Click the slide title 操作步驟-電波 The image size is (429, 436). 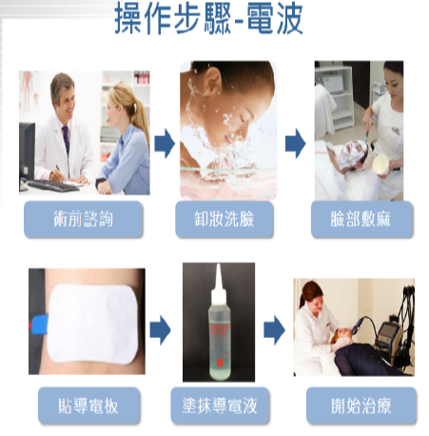coord(208,18)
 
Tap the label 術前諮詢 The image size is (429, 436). coord(83,219)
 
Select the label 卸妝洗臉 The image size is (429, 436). coord(224,219)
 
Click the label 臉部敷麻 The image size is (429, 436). coord(361,219)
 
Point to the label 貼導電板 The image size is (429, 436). coord(88,406)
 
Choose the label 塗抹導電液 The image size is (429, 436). coord(220,406)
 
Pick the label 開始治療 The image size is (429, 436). coord(361,406)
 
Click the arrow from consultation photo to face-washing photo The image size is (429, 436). coord(165,143)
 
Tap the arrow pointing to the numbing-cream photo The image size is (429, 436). coord(296,143)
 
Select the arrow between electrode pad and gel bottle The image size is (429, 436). coord(160,330)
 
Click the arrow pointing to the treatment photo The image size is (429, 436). coord(274,330)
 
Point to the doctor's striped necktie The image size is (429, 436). coord(66,140)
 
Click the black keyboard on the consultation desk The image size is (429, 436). coord(52,186)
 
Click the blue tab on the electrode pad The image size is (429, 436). coord(39,325)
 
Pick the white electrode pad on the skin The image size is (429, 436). coord(92,324)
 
